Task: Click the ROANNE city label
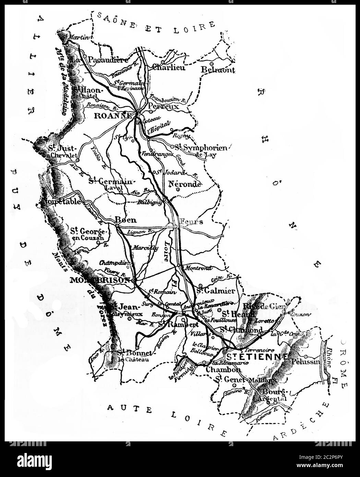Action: pyautogui.click(x=113, y=116)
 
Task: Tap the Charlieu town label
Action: pyautogui.click(x=169, y=68)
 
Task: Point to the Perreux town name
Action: pyautogui.click(x=164, y=107)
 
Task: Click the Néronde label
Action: pyautogui.click(x=184, y=184)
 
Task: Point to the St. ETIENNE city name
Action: pyautogui.click(x=257, y=356)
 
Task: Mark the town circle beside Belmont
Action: pyautogui.click(x=212, y=64)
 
